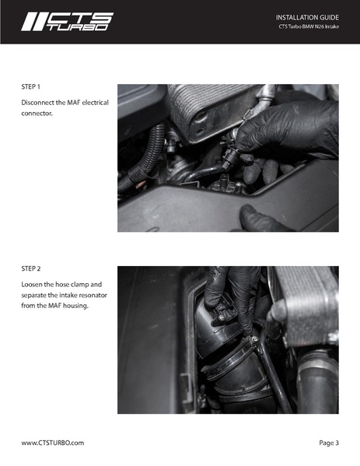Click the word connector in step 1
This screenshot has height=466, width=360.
(37, 114)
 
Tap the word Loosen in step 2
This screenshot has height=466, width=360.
(34, 284)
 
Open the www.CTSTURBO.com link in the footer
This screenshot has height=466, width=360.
(52, 442)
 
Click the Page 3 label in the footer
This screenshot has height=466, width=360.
(328, 442)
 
